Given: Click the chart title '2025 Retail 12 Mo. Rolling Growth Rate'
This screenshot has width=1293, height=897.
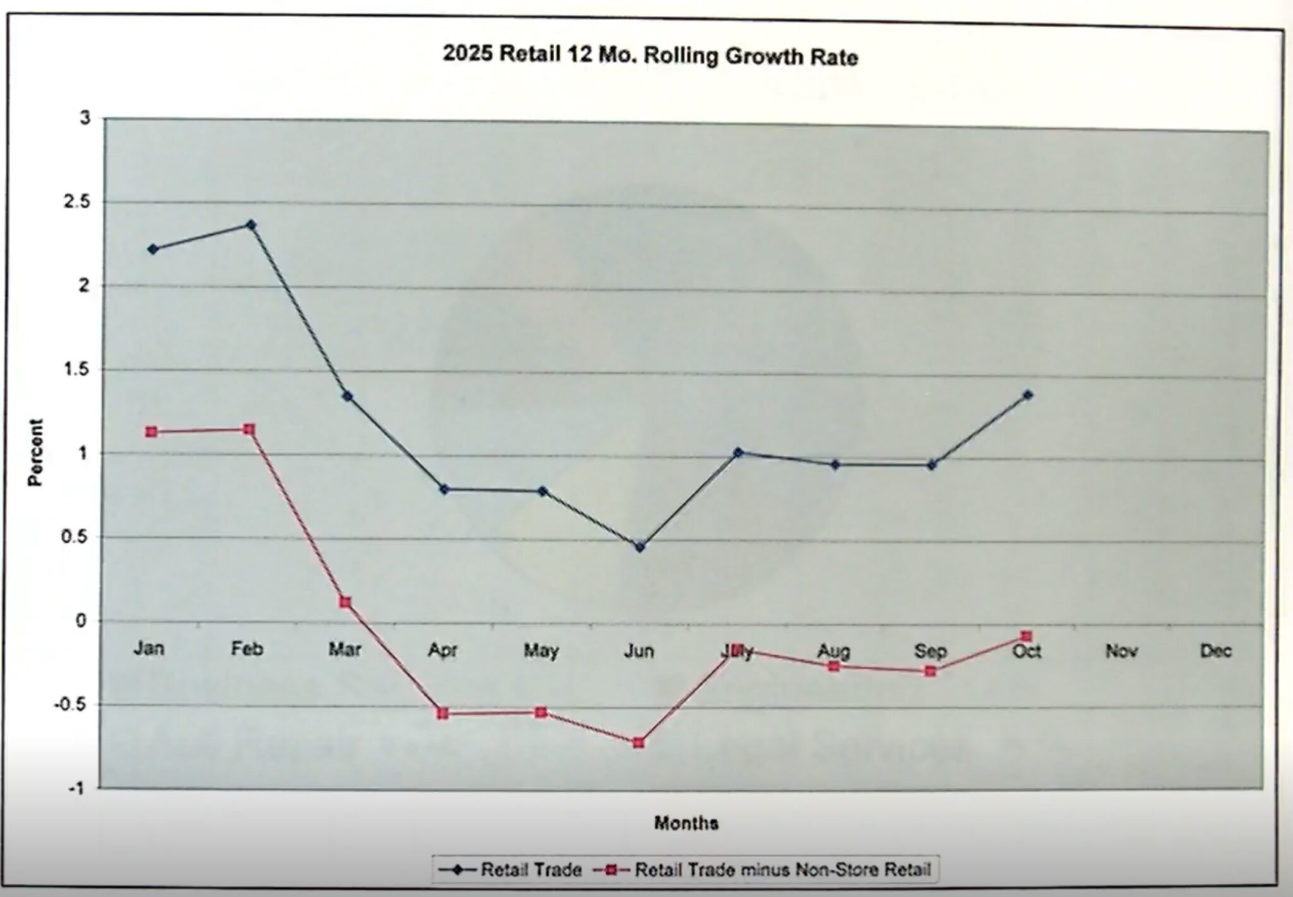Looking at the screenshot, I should click(650, 56).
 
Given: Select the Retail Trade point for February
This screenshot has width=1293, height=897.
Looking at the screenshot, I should click(251, 225).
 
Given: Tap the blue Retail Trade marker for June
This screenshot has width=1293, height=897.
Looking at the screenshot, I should click(640, 547).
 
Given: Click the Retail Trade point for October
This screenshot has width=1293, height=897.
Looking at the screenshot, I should click(1028, 395).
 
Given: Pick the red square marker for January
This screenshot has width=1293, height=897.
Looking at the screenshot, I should click(152, 432).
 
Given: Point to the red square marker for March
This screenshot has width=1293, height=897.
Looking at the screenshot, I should click(345, 602).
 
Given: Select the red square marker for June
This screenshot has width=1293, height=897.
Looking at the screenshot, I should click(639, 742).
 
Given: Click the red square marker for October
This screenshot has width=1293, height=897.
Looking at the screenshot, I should click(1027, 636).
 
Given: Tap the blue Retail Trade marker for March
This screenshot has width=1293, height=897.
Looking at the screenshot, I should click(347, 396).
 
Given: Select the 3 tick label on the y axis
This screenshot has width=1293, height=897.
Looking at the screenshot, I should click(85, 118).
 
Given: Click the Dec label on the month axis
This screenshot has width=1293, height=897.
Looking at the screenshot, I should click(1215, 651).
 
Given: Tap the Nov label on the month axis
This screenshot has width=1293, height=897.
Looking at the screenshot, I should click(1121, 651).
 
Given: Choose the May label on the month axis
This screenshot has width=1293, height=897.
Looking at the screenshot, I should click(541, 650).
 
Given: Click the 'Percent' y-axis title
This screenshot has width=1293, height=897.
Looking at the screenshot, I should click(36, 452).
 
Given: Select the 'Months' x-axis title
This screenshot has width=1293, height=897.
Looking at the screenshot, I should click(686, 823).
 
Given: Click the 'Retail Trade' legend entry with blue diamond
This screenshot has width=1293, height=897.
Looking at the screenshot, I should click(510, 870).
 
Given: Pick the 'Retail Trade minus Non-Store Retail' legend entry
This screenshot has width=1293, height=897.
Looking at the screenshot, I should click(764, 870).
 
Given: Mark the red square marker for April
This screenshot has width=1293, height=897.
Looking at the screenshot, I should click(443, 713).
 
